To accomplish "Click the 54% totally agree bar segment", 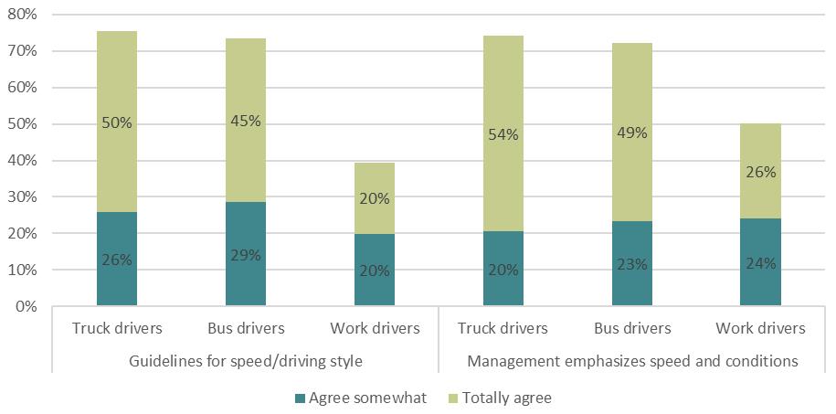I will click(503, 133).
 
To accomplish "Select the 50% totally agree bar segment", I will click(117, 122).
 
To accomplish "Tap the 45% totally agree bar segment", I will click(246, 120).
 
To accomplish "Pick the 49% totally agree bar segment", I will click(631, 133).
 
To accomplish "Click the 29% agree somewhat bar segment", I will click(246, 255).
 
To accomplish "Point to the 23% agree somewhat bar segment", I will click(631, 264).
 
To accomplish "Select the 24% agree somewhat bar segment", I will click(760, 263).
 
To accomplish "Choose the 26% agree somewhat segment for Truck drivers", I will click(117, 260).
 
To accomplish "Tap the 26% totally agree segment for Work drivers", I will click(760, 171).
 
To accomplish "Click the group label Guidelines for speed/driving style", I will click(246, 361).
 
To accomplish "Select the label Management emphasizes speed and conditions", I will click(632, 361).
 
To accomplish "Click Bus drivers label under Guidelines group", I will click(246, 328).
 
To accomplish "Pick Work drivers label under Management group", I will click(760, 328).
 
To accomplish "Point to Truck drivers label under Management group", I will click(503, 328).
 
